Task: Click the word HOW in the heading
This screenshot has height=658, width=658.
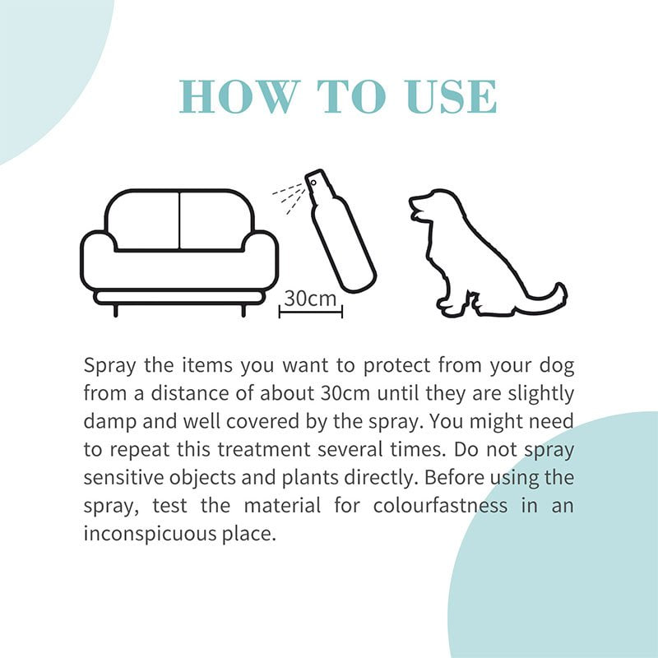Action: pos(239,96)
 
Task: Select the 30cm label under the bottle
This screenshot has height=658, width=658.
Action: pos(310,299)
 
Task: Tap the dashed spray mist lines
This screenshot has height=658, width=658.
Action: pos(289,197)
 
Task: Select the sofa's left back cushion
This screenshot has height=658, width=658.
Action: pos(142,220)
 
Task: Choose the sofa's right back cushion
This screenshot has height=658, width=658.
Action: pos(216,220)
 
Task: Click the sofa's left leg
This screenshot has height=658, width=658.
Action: pos(116,311)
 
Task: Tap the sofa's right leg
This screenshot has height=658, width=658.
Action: pos(243,311)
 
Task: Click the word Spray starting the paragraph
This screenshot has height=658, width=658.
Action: pos(110,366)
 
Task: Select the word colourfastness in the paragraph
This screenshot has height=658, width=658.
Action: pos(440,505)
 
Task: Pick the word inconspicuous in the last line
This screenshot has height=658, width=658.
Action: pos(150,534)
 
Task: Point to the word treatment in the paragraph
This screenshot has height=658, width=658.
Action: pos(264,449)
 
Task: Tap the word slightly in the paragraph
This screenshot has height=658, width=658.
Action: pos(540,394)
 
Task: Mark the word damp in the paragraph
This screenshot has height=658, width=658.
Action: pos(110,422)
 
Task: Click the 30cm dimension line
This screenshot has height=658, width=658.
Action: pos(311,312)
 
